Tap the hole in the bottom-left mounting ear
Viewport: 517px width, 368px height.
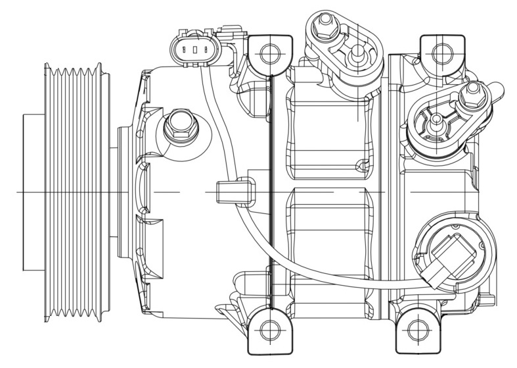tap(269, 330)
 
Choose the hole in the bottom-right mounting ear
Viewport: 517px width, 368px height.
tap(416, 330)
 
